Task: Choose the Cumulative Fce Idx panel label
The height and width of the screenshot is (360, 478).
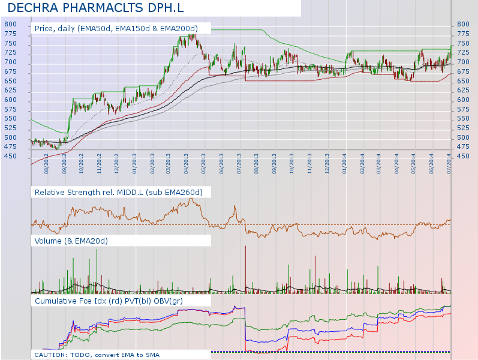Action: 109,299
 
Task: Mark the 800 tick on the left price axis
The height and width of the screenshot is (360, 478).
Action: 10,24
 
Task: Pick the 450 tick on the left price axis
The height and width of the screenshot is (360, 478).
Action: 10,157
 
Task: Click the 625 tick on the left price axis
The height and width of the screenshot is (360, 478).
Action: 10,91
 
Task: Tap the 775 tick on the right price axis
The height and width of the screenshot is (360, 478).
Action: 463,34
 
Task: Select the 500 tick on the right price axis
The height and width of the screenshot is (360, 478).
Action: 463,138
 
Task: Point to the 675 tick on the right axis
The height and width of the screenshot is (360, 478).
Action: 463,71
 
